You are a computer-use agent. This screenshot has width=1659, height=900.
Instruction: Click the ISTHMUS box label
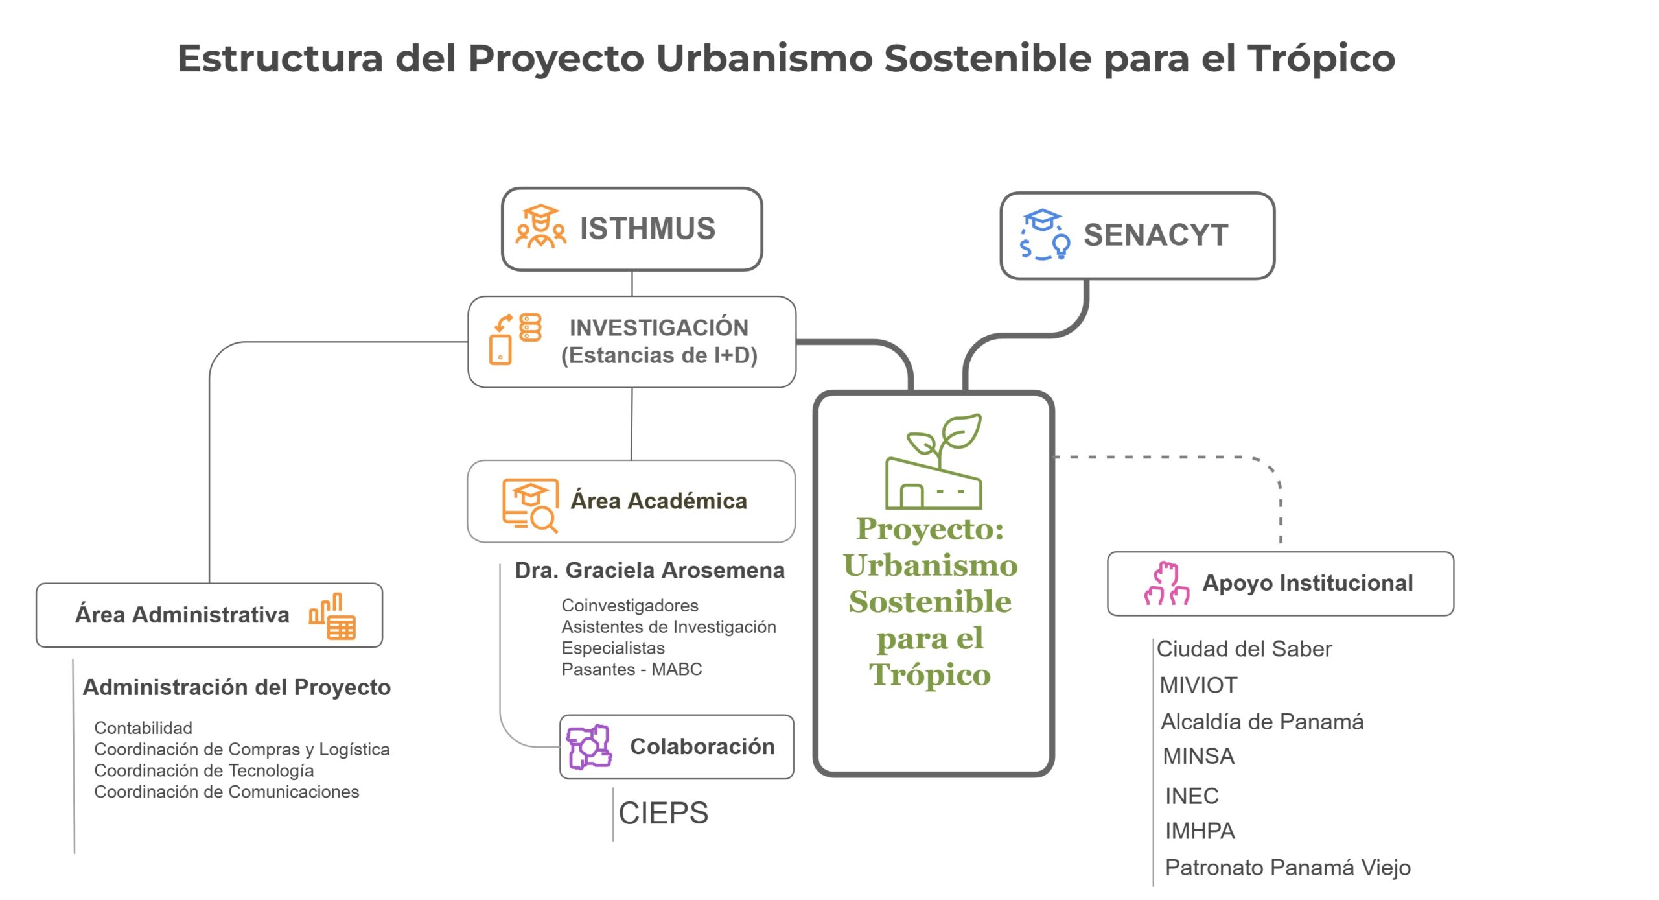tap(647, 228)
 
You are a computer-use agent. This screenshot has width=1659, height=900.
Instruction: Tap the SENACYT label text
tap(1155, 235)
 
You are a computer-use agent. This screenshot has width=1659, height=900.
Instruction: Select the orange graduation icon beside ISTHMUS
tap(540, 226)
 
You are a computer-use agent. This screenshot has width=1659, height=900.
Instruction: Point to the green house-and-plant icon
tap(934, 462)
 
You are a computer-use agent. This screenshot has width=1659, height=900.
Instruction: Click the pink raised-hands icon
tap(1166, 583)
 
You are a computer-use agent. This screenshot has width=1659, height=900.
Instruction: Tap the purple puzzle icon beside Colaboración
tap(588, 747)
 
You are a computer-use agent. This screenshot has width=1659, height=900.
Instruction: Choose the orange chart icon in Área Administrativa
tap(332, 616)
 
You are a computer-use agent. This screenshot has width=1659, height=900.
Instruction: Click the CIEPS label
tap(664, 813)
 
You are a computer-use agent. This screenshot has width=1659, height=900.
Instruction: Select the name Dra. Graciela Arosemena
tap(649, 571)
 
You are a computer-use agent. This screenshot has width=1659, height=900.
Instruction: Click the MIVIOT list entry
tap(1198, 685)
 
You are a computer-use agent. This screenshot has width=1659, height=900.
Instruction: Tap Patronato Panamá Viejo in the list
tap(1288, 868)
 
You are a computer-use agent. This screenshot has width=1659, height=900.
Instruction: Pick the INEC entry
tap(1192, 796)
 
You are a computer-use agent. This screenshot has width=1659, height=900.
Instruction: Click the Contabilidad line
tap(143, 728)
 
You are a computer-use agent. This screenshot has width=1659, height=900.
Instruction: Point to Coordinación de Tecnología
tap(204, 770)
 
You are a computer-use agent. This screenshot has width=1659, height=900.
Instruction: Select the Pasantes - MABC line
tap(632, 669)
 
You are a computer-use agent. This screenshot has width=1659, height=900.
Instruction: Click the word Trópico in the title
tap(1321, 59)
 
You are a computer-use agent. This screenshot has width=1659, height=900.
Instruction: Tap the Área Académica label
tap(658, 501)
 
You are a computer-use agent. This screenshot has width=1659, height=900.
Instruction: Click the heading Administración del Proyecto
tap(237, 687)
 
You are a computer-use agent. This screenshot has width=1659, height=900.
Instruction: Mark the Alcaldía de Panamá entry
tap(1262, 722)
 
